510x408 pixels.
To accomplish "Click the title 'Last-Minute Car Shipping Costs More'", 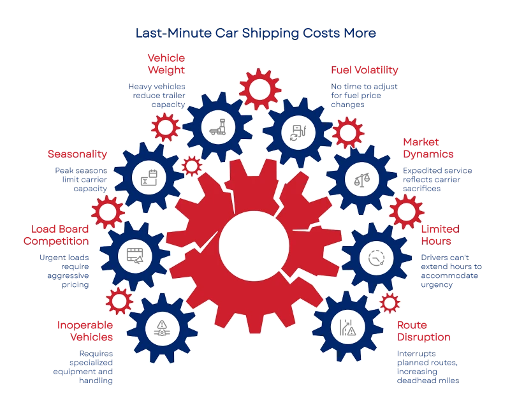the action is [x=256, y=33].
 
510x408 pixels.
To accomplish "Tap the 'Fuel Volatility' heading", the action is [x=365, y=70].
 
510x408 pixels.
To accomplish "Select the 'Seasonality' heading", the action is [x=77, y=154].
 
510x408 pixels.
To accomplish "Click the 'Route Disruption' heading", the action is [x=424, y=331].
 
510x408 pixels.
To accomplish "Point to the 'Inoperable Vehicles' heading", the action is [x=85, y=331].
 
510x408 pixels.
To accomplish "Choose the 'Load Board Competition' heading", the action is [x=56, y=235].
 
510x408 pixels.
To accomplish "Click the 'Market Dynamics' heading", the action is [x=428, y=148].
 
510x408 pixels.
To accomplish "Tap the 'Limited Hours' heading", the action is [x=441, y=235].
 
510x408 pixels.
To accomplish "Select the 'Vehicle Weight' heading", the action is [x=166, y=64].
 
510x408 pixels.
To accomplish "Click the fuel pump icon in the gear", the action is [x=298, y=133].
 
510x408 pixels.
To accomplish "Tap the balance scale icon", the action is [x=362, y=179].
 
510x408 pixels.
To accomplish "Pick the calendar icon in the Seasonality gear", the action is [x=149, y=178].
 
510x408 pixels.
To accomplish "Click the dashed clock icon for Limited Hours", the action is [x=377, y=258].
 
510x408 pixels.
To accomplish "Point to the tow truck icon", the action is [x=218, y=127].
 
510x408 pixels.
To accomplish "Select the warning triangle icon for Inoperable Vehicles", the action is [x=162, y=328].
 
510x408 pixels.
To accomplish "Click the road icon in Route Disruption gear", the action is [x=347, y=327].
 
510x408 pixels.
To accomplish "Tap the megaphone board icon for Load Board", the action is [x=135, y=256].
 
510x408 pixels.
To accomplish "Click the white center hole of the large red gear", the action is [x=254, y=246].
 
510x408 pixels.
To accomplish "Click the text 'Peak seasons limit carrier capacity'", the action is [x=81, y=180].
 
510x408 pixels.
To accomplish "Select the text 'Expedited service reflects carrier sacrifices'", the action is [x=437, y=180].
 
